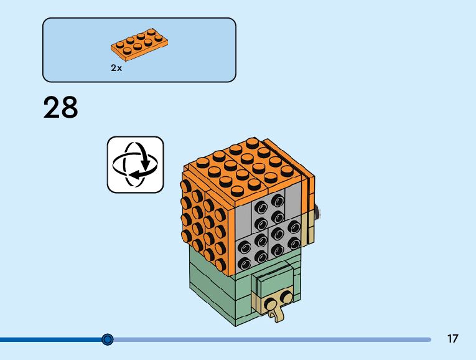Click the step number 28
click(x=61, y=108)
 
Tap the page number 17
click(x=452, y=339)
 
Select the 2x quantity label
click(x=116, y=68)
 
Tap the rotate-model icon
click(x=135, y=164)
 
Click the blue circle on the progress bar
click(x=108, y=339)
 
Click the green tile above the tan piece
click(x=271, y=280)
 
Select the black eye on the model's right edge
click(x=319, y=215)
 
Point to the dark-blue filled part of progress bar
click(x=50, y=339)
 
